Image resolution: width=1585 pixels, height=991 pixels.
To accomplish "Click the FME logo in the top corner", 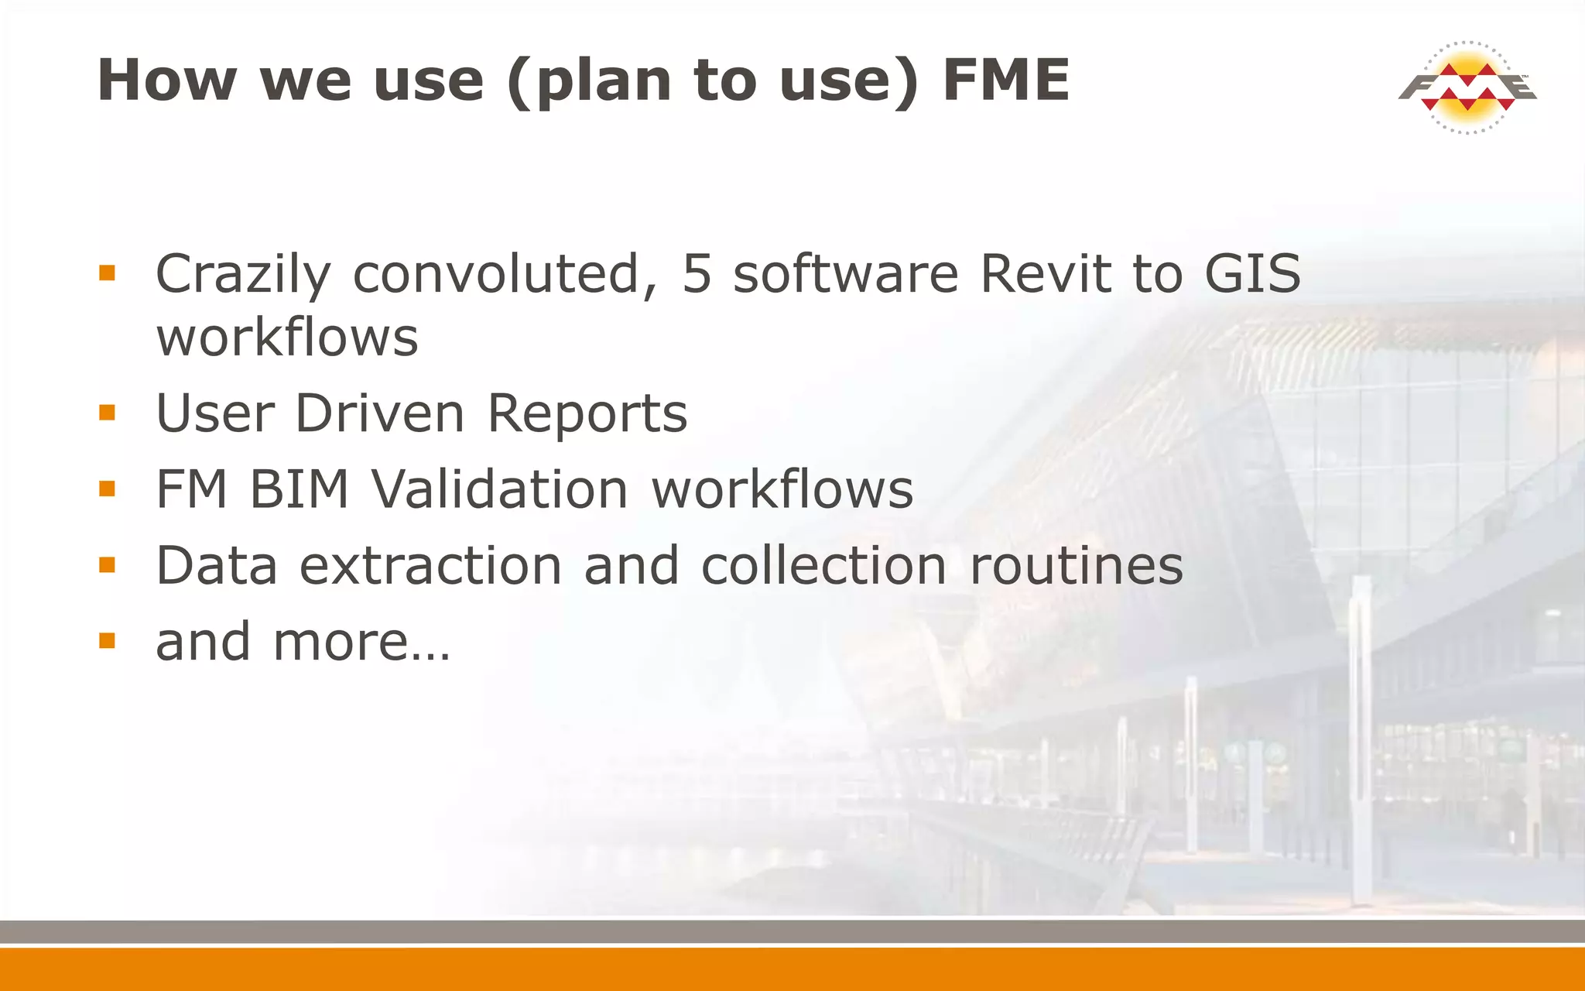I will click(x=1467, y=87).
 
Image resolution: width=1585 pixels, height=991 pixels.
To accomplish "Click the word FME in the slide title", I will click(x=1006, y=80).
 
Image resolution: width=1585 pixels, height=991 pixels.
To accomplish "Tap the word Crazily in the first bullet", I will click(x=243, y=275).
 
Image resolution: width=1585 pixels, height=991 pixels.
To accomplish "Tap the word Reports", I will click(x=587, y=414).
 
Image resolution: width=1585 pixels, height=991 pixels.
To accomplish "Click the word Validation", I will click(x=500, y=489).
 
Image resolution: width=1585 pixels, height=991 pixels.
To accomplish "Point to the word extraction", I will click(x=430, y=565).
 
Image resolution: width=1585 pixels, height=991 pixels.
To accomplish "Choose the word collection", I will click(x=823, y=565).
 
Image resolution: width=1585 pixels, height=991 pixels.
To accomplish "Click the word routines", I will click(x=1077, y=565).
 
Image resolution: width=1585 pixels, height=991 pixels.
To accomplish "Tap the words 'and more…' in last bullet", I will click(x=303, y=642).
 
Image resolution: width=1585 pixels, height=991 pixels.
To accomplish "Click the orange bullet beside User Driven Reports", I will click(x=107, y=413).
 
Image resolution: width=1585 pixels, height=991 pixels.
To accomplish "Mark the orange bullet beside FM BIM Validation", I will click(x=107, y=489).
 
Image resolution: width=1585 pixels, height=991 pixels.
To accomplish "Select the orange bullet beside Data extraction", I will click(x=107, y=565).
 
